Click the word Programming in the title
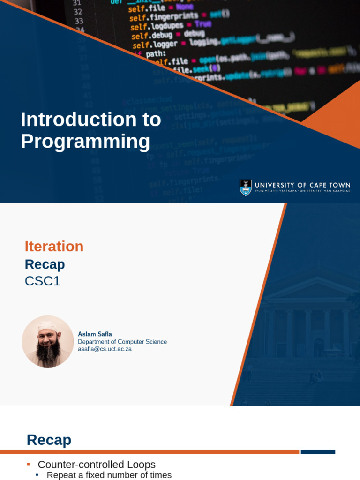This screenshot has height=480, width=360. pyautogui.click(x=85, y=142)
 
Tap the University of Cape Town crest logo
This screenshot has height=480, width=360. pyautogui.click(x=246, y=187)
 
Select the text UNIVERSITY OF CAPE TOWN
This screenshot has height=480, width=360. pyautogui.click(x=302, y=185)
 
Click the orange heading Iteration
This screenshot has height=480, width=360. pyautogui.click(x=54, y=247)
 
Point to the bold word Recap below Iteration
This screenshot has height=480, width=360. pyautogui.click(x=45, y=264)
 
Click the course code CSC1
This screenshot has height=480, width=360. pyautogui.click(x=43, y=281)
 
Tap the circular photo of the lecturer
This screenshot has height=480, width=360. pyautogui.click(x=48, y=341)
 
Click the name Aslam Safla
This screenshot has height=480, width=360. pyautogui.click(x=95, y=334)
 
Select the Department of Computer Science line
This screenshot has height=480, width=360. pyautogui.click(x=122, y=342)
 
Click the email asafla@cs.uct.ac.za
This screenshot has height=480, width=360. pyautogui.click(x=105, y=349)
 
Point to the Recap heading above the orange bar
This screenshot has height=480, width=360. pyautogui.click(x=49, y=440)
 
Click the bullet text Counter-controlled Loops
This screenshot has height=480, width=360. pyautogui.click(x=97, y=465)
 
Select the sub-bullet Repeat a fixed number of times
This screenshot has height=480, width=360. pyautogui.click(x=109, y=475)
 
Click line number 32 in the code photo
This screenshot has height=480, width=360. pyautogui.click(x=78, y=12)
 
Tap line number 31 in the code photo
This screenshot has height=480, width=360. pyautogui.click(x=77, y=2)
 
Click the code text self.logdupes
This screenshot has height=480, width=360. pyautogui.click(x=150, y=26)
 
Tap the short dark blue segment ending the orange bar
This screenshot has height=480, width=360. pyautogui.click(x=318, y=452)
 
